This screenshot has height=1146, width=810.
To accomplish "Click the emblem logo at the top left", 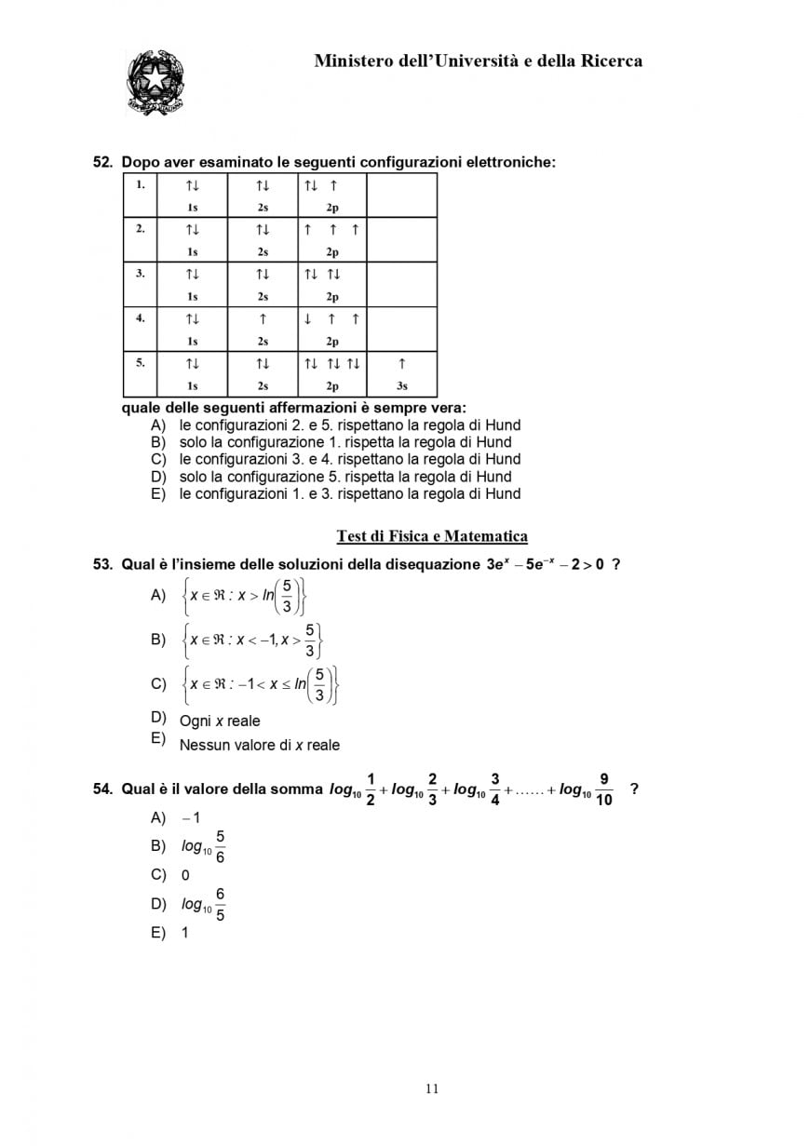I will pyautogui.click(x=155, y=83).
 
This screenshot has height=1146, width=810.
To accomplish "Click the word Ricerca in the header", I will pyautogui.click(x=611, y=61).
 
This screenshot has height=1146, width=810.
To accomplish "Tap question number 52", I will pyautogui.click(x=102, y=162).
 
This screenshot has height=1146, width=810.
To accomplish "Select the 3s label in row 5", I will pyautogui.click(x=401, y=385).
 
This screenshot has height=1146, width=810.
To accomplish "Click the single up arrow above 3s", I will pyautogui.click(x=401, y=363).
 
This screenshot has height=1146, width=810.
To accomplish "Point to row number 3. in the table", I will pyautogui.click(x=141, y=274).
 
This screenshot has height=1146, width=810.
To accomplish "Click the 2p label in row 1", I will pyautogui.click(x=332, y=208).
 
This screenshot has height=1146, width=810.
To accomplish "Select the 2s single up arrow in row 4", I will pyautogui.click(x=263, y=318).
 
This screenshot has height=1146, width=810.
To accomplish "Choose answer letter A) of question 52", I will pyautogui.click(x=157, y=425).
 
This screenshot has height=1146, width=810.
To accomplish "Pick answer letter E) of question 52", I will pyautogui.click(x=157, y=494).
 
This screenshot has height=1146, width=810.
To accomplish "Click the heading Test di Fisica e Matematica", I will pyautogui.click(x=432, y=536).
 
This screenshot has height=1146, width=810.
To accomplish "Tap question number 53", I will pyautogui.click(x=102, y=564).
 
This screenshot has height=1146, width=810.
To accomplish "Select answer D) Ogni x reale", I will pyautogui.click(x=220, y=721).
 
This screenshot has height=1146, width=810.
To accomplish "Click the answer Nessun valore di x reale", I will pyautogui.click(x=259, y=745).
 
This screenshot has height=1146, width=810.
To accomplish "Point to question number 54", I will pyautogui.click(x=102, y=789).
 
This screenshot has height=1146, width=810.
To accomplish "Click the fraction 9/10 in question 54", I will pyautogui.click(x=603, y=789).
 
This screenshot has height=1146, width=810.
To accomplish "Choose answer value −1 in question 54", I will pyautogui.click(x=192, y=818).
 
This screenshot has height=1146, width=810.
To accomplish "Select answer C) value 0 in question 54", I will pyautogui.click(x=185, y=875).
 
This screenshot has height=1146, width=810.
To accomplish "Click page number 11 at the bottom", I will pyautogui.click(x=431, y=1089).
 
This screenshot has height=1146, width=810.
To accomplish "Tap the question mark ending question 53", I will pyautogui.click(x=616, y=564).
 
